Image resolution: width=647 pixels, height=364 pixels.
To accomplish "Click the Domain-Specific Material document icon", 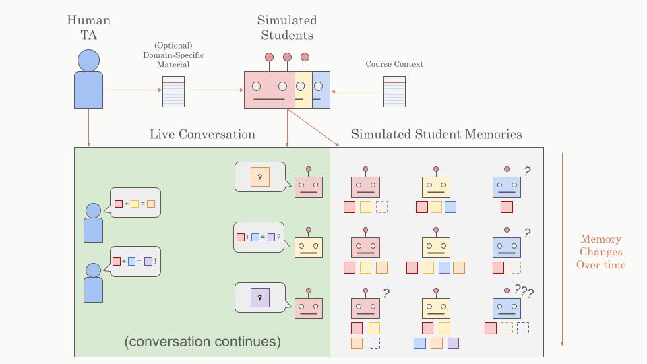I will tap(173, 91).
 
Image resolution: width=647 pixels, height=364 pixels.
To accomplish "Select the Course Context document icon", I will tap(394, 91).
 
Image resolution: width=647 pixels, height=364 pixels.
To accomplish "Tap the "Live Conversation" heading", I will tap(202, 134).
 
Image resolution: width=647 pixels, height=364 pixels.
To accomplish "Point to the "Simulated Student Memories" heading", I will tap(437, 134).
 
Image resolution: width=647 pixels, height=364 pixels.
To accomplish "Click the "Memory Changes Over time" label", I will tap(600, 251).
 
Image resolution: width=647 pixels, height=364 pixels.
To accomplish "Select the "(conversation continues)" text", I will tap(202, 342).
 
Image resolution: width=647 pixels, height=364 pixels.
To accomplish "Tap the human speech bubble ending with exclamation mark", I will tap(136, 261).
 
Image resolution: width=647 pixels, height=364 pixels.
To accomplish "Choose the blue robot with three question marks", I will tap(507, 307).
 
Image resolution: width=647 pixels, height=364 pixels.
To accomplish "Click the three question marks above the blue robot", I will tap(524, 291).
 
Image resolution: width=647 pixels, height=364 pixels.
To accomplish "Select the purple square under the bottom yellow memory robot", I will tap(453, 343).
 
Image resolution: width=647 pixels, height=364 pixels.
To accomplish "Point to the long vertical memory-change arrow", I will tap(562, 249).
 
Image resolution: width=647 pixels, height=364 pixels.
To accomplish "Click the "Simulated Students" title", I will tap(286, 28).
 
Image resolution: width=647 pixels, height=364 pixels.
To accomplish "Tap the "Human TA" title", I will tap(88, 28).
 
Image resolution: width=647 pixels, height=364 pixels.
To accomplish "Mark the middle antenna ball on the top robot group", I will tap(287, 57).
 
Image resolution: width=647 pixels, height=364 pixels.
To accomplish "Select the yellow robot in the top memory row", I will tap(436, 186).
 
